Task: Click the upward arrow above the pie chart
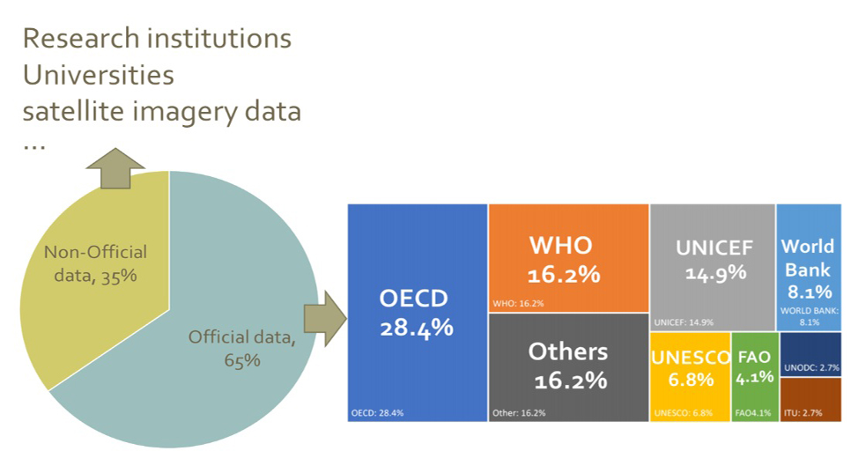coord(115,168)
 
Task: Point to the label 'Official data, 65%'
coord(241,347)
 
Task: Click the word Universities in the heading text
coord(98,75)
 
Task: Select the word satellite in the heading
coord(80,111)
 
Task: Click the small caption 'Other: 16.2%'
coord(519,412)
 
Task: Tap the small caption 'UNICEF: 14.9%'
coord(683,321)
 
